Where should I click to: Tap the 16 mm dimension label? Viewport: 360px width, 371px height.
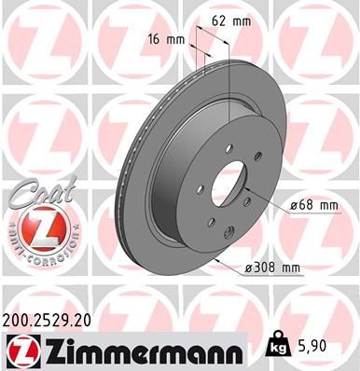point(165,40)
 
